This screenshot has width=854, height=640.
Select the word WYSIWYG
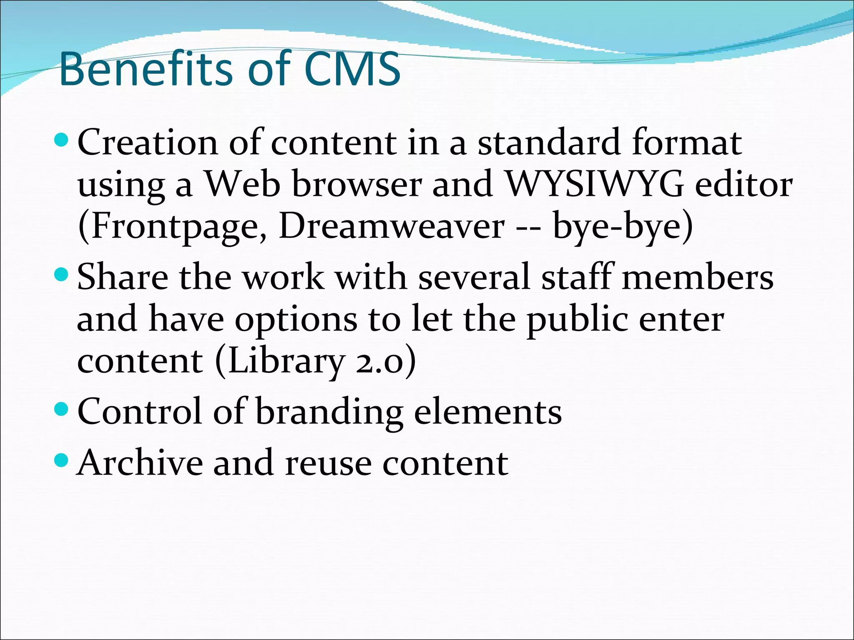[x=594, y=184]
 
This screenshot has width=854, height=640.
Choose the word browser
[x=357, y=184]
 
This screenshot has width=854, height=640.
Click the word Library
[x=286, y=362]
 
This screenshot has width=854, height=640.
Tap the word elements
[x=488, y=412]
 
